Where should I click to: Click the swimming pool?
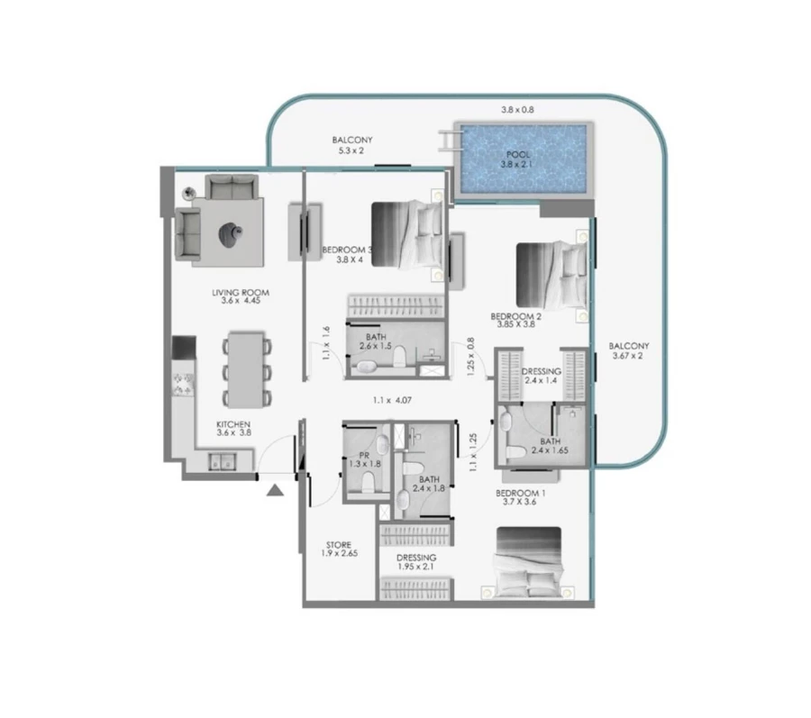[523, 159]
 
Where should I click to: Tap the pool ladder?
[449, 142]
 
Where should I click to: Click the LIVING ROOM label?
[241, 297]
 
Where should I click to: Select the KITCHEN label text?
[232, 428]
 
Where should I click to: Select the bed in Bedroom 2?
[551, 274]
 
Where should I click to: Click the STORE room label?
[339, 550]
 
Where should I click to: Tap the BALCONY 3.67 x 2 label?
[628, 351]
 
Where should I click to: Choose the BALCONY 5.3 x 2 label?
[351, 145]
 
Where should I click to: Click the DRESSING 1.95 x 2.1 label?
[416, 563]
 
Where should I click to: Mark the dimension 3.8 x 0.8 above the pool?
[517, 110]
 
